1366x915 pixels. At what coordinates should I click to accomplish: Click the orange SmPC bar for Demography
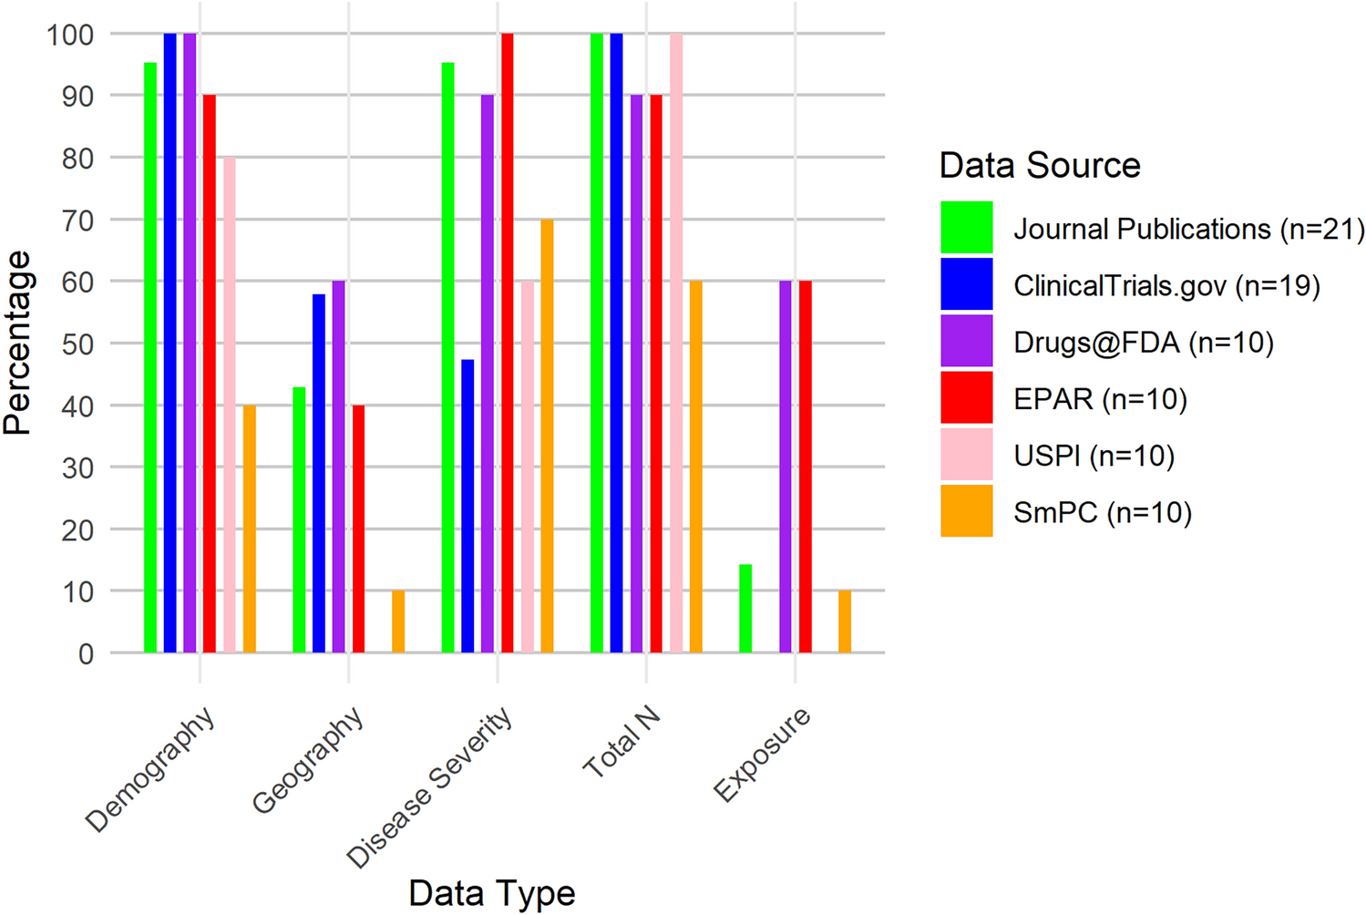(249, 529)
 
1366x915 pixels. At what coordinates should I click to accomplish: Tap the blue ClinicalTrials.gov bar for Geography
(319, 473)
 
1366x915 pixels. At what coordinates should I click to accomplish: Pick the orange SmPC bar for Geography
(398, 622)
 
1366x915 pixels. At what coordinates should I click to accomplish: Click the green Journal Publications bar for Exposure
(745, 609)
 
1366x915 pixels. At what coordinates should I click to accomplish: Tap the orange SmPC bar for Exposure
(845, 622)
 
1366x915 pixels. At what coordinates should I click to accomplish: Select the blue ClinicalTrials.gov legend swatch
(967, 284)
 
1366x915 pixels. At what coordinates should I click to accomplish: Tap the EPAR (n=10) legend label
(1100, 399)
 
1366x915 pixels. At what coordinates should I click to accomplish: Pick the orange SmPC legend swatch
(967, 511)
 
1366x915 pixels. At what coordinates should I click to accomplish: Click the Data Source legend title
(1040, 166)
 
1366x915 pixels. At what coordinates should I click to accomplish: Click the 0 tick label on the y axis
(86, 653)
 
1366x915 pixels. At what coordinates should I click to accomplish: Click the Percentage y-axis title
(17, 343)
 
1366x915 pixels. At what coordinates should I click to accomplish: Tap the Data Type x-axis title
(492, 893)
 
